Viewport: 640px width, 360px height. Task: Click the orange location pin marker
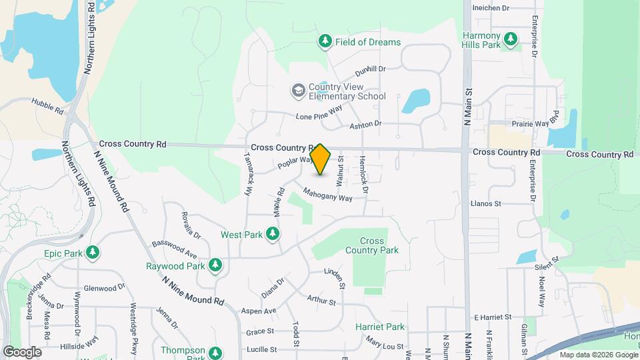pyautogui.click(x=321, y=159)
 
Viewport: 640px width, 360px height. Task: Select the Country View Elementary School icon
pyautogui.click(x=298, y=90)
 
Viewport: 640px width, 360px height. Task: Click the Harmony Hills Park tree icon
pyautogui.click(x=511, y=39)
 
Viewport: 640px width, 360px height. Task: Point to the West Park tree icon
pyautogui.click(x=272, y=235)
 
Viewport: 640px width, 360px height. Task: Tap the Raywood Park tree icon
pyautogui.click(x=215, y=266)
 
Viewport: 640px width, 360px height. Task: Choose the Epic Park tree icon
pyautogui.click(x=94, y=253)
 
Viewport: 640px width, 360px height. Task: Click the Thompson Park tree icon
pyautogui.click(x=215, y=353)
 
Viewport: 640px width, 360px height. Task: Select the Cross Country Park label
pyautogui.click(x=372, y=245)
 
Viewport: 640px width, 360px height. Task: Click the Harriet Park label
pyautogui.click(x=380, y=327)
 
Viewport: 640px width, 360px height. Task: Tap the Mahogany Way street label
pyautogui.click(x=327, y=194)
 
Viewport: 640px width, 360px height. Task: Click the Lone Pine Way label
pyautogui.click(x=319, y=112)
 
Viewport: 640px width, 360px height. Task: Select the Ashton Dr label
pyautogui.click(x=365, y=124)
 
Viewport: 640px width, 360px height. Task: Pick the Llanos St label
pyautogui.click(x=485, y=203)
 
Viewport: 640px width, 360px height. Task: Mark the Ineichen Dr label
pyautogui.click(x=491, y=9)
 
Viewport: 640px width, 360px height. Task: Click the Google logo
pyautogui.click(x=21, y=351)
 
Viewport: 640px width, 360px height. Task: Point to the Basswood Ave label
pyautogui.click(x=174, y=249)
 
